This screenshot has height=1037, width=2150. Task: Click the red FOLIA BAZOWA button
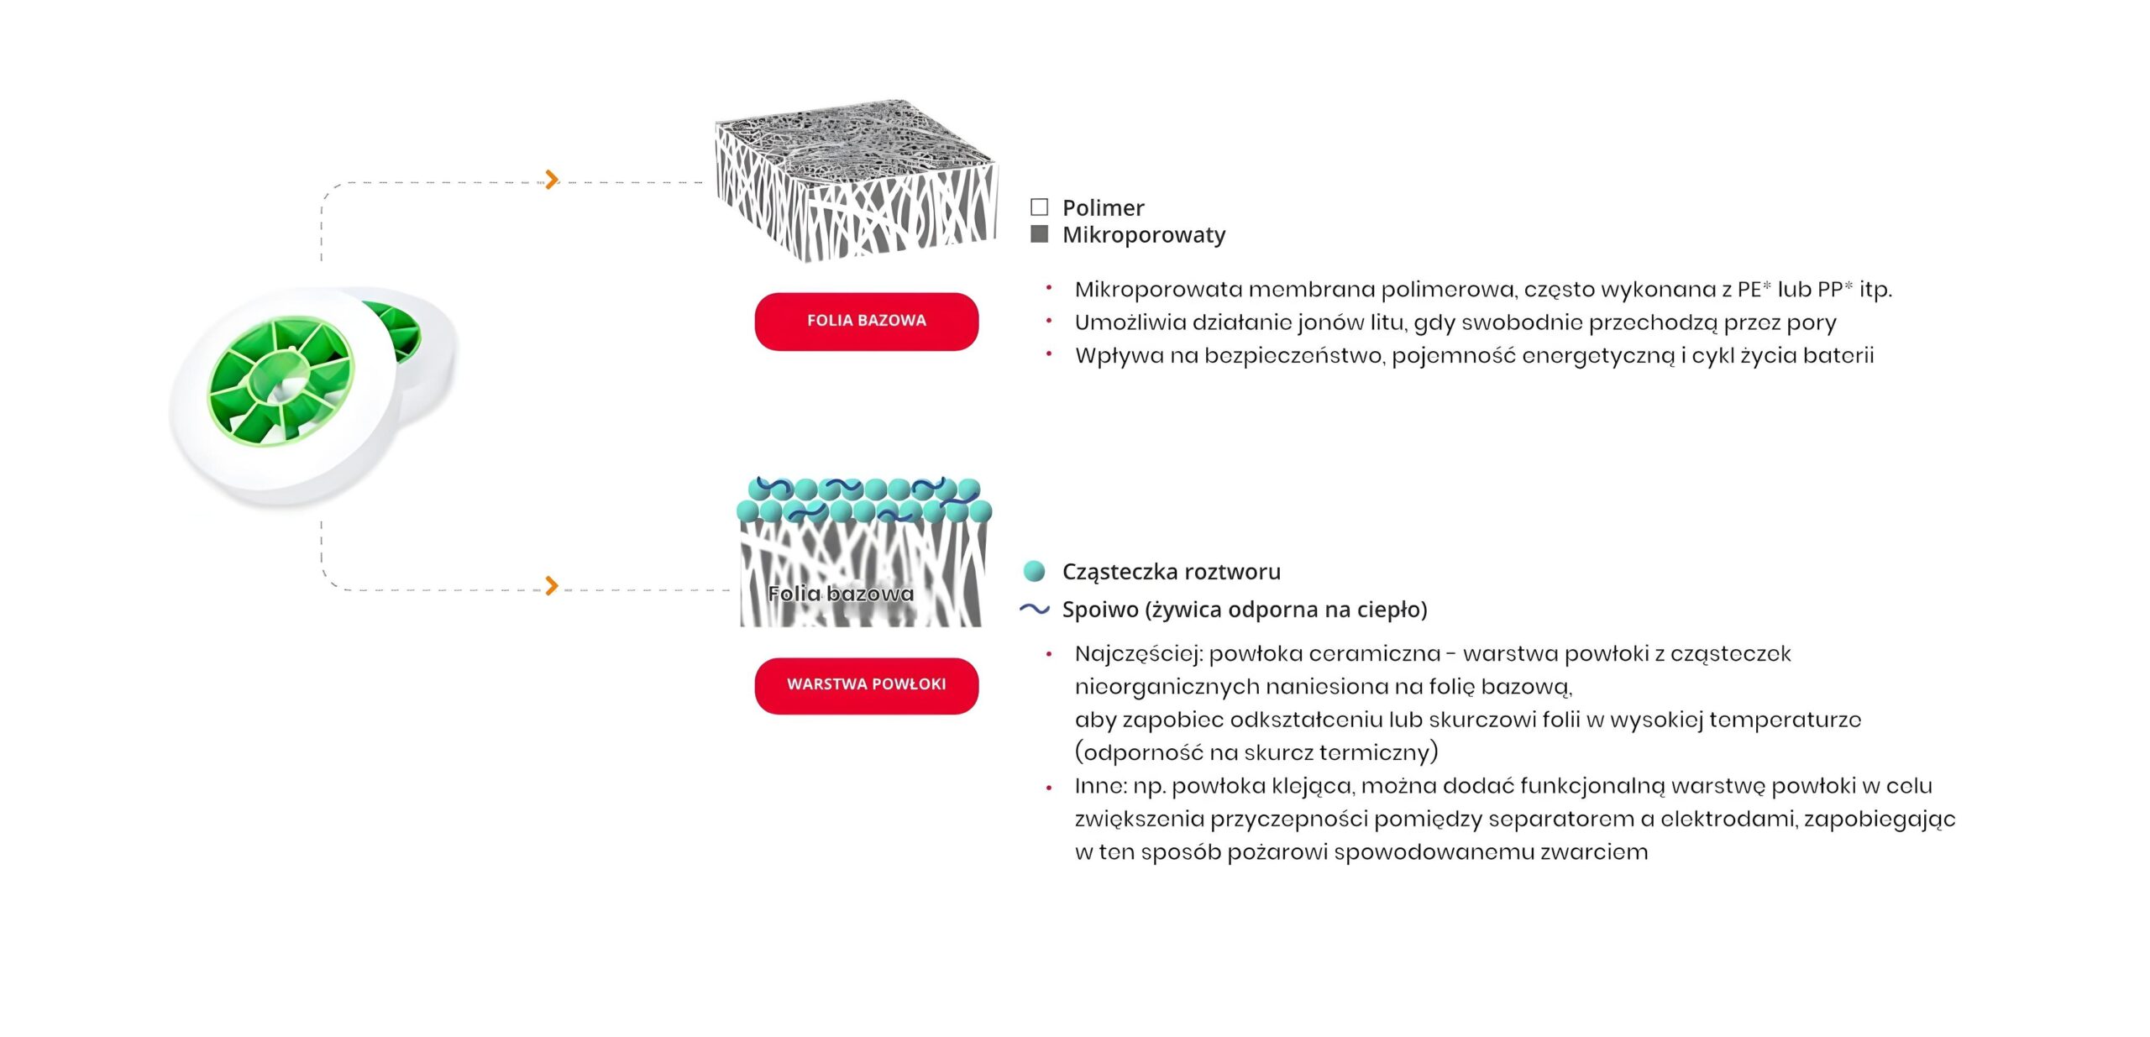click(866, 321)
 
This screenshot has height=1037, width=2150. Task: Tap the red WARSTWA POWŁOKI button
click(866, 685)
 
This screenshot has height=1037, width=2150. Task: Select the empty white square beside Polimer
click(1039, 207)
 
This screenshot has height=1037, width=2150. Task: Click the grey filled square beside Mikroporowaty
click(1039, 234)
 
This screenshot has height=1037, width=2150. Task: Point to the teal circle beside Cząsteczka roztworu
click(1035, 572)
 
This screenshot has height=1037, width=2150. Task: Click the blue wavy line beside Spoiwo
click(1035, 610)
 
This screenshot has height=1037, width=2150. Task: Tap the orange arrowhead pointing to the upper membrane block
click(551, 179)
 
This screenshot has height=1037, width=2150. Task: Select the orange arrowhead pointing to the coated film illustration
click(551, 585)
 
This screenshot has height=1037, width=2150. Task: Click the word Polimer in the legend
click(1103, 207)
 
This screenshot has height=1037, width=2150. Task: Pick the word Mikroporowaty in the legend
click(1143, 235)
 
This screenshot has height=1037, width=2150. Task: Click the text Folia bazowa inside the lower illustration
click(840, 594)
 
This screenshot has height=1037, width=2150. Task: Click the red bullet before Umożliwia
click(1049, 322)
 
